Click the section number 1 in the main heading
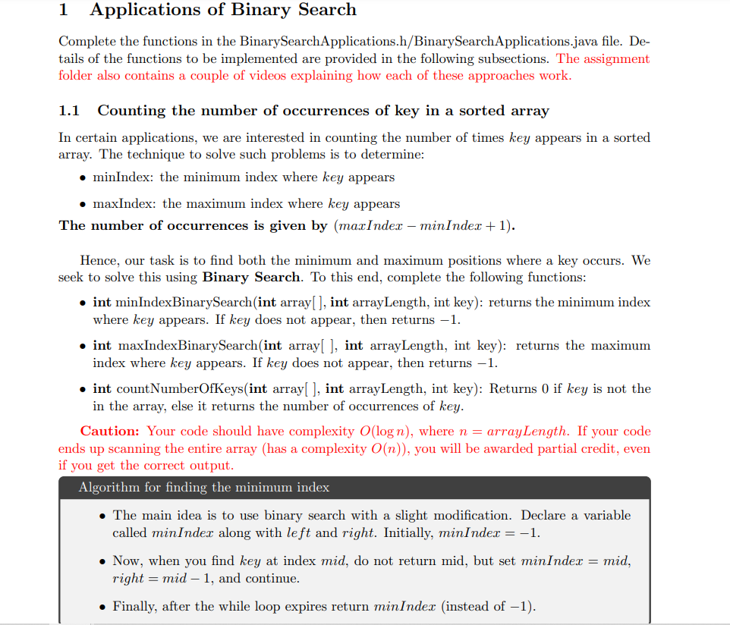click(x=64, y=10)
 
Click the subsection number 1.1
click(x=69, y=111)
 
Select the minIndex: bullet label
click(x=124, y=177)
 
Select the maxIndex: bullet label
click(x=125, y=204)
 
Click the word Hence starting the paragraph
click(x=99, y=261)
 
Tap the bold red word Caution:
click(x=110, y=432)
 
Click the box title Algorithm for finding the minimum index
click(x=203, y=488)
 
